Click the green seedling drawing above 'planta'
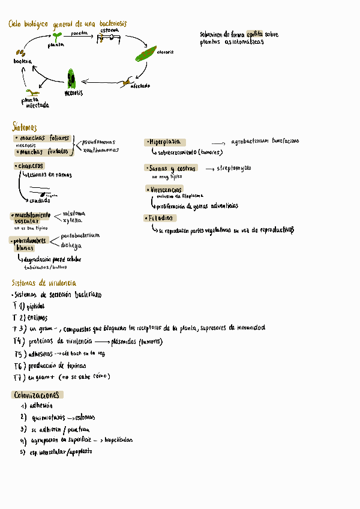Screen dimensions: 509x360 tap(58, 36)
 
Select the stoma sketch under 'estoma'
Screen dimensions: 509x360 tap(109, 38)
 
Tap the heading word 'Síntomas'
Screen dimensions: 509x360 tap(25, 127)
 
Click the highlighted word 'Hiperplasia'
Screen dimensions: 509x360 tap(164, 142)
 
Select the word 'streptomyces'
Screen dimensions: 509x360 tap(234, 169)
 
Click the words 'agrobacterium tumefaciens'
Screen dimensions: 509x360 tap(264, 142)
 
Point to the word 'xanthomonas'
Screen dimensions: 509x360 tap(101, 151)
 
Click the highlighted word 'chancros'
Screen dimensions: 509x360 tap(29, 166)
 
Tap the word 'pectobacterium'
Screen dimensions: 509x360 tap(80, 235)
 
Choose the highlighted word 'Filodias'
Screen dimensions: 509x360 tap(159, 218)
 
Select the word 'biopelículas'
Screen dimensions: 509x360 tap(118, 440)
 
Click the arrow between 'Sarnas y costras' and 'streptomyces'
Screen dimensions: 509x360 tap(210, 169)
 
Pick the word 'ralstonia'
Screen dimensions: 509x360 tap(74, 213)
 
